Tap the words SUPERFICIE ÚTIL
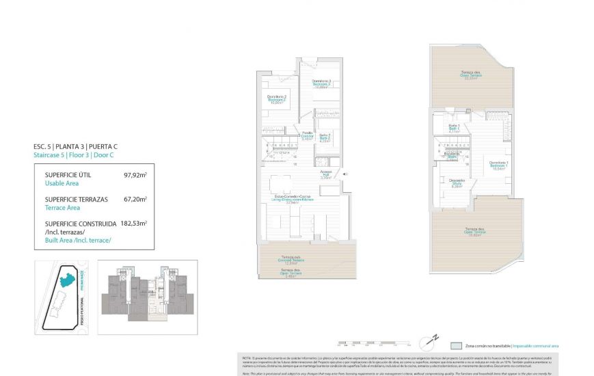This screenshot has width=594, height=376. (x=68, y=175)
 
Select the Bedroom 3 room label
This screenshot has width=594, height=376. (x=322, y=84)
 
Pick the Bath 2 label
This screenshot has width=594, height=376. (x=325, y=137)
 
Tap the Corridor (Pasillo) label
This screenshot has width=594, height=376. (x=308, y=135)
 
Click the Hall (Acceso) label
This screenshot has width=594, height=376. (x=326, y=176)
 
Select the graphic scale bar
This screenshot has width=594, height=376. (x=373, y=343)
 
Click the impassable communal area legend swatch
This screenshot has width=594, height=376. (x=456, y=346)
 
